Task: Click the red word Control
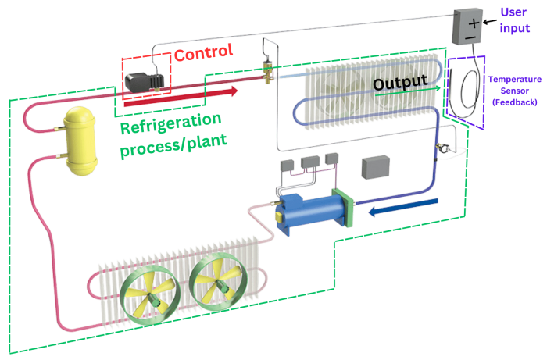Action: coord(203,54)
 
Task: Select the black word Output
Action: coord(399,82)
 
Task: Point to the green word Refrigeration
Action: coord(170,124)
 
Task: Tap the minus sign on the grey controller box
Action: coord(469,36)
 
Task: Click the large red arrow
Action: coord(180,96)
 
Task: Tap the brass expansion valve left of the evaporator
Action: coord(268,70)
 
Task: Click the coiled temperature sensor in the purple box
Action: coord(467,84)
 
